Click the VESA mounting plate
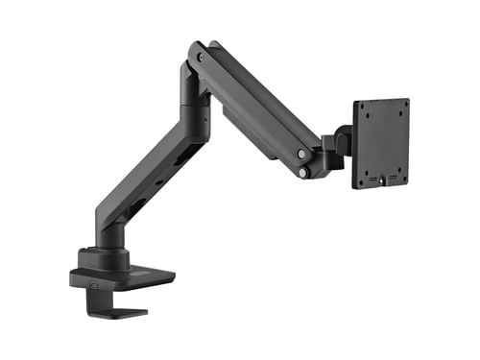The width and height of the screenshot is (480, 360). point(381,143)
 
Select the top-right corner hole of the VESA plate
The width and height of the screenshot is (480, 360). point(404,104)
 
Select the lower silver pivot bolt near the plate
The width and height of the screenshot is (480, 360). point(303,173)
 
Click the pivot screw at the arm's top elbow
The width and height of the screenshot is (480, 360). point(200,58)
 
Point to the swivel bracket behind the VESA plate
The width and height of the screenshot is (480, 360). point(336,149)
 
